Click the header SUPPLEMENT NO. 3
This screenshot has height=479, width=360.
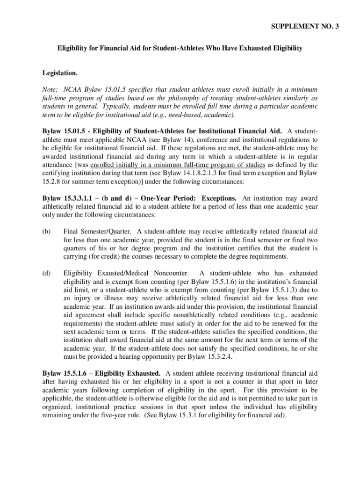[305, 27]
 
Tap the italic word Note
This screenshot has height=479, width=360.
[50, 89]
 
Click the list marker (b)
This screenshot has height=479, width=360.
[46, 232]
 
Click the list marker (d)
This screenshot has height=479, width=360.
[46, 273]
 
